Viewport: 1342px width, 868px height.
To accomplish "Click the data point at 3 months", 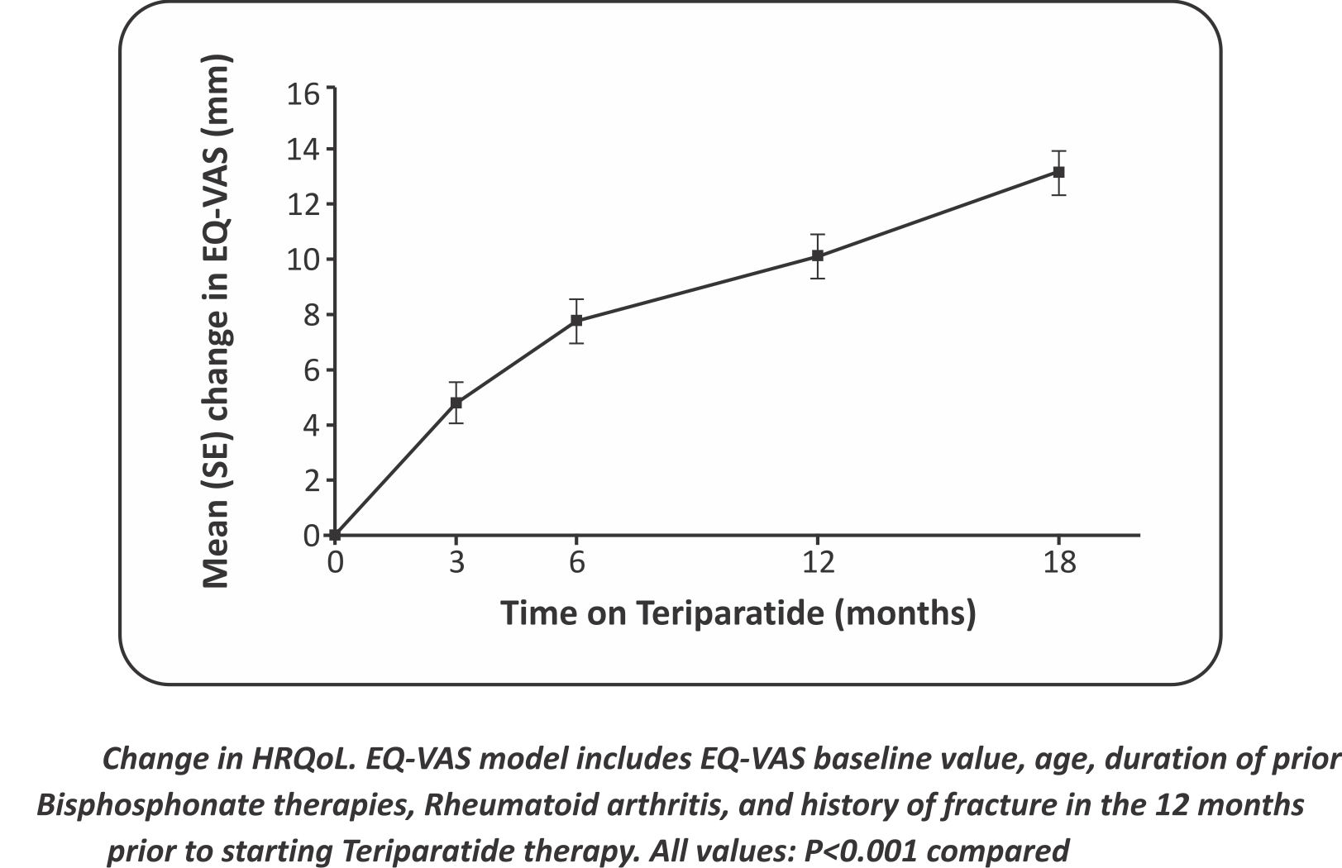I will point(456,403).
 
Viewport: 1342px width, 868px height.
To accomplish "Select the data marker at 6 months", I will point(576,320).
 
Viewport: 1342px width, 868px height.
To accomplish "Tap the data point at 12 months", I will point(817,256).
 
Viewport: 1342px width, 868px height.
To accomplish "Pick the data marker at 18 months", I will point(1058,172).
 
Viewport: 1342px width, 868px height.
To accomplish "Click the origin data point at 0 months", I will point(335,536).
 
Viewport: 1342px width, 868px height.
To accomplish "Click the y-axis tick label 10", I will point(303,260).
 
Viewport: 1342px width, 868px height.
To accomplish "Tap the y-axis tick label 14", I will point(303,149).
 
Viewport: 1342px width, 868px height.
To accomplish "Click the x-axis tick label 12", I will point(817,563).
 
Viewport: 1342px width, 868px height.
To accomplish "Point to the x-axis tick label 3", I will point(456,563).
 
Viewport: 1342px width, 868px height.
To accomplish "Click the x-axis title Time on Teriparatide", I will point(738,613).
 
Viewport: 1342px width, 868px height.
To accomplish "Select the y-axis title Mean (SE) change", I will point(216,322).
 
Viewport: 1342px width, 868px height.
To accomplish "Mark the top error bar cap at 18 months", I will point(1058,151).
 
